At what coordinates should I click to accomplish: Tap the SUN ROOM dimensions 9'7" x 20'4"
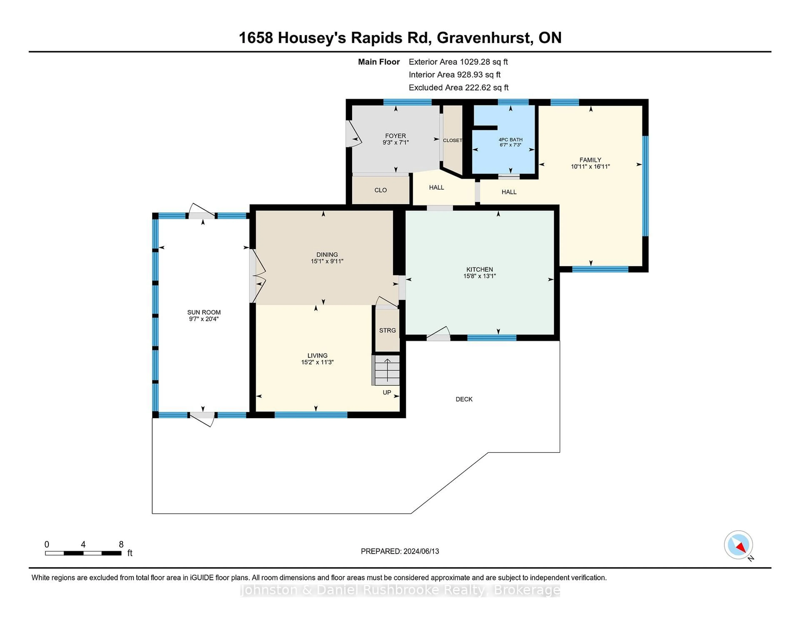(x=204, y=319)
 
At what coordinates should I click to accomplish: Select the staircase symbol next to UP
(x=386, y=370)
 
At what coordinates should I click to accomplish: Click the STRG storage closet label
(x=387, y=330)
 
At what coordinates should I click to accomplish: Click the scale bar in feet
(x=83, y=553)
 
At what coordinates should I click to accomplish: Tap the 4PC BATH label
(x=510, y=140)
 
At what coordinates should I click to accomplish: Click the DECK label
(x=464, y=399)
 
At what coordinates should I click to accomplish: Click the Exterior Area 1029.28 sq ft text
(x=458, y=62)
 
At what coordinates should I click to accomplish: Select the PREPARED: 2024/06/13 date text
(x=400, y=551)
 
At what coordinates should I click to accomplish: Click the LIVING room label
(x=317, y=355)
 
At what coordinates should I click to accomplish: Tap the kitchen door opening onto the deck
(x=438, y=334)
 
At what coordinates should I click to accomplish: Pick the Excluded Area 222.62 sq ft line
(x=458, y=87)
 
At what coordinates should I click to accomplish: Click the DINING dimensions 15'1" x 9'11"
(x=327, y=261)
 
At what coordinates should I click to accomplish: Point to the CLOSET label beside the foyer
(x=452, y=140)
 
